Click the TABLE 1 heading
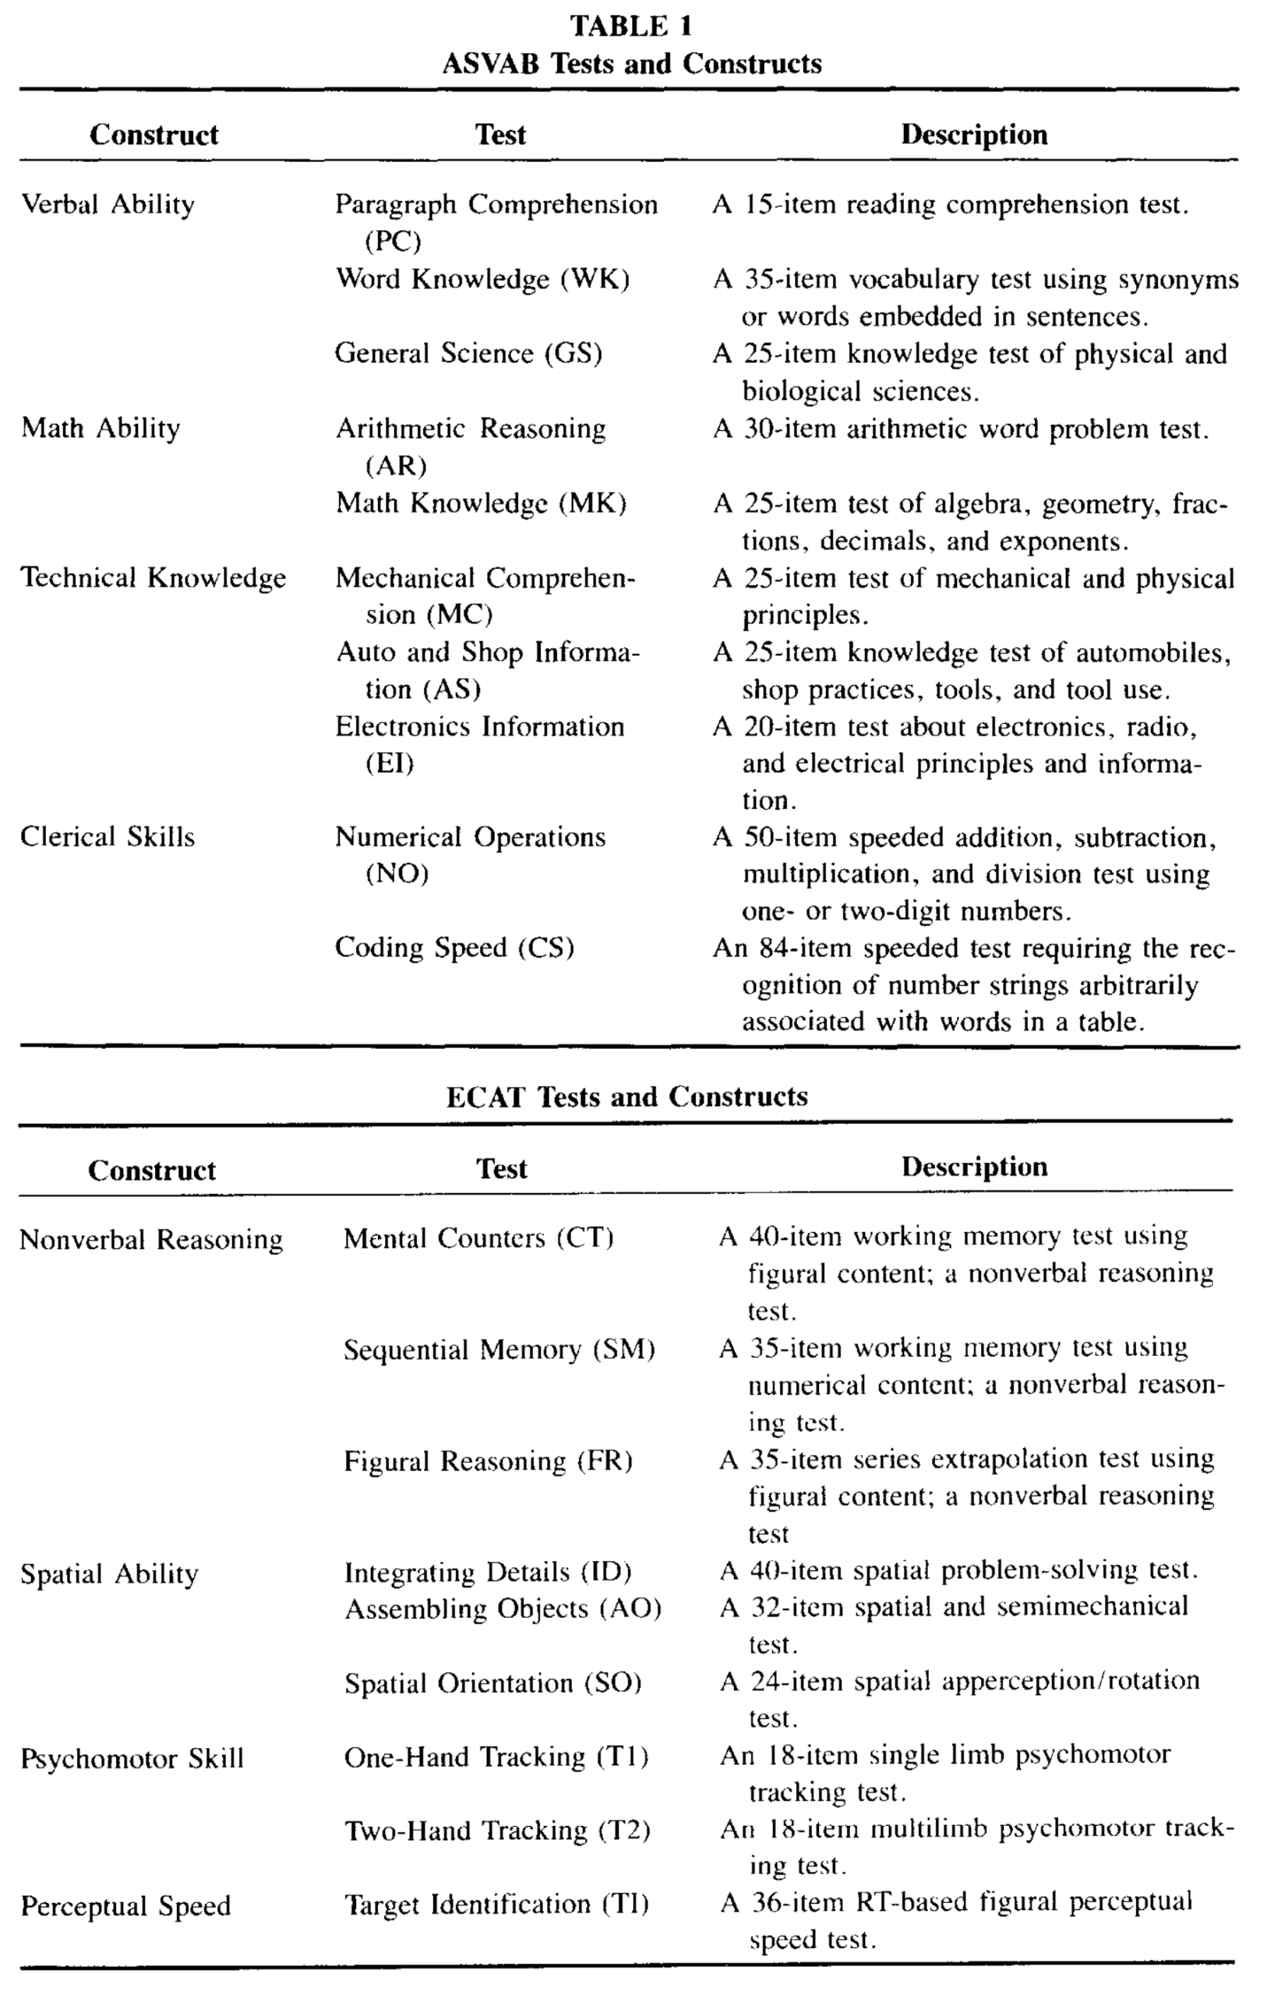pos(631,26)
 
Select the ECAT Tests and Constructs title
pos(626,1096)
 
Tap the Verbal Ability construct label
pos(108,205)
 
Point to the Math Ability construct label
pos(101,429)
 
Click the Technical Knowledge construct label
pos(154,577)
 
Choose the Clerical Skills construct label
pos(108,837)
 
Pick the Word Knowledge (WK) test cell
pos(482,279)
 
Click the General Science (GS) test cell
pos(468,354)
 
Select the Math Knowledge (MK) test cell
pos(481,503)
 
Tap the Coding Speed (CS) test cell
pos(454,948)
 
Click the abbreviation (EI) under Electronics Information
pos(390,763)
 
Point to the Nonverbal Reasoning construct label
pos(151,1239)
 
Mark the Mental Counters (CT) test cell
pos(478,1238)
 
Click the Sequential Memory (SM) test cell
pos(499,1350)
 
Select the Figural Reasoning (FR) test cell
pos(488,1460)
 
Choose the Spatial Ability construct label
pos(109,1573)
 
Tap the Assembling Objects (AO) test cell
pos(503,1609)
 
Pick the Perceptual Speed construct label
pos(125,1905)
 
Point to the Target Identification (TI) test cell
pos(496,1904)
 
